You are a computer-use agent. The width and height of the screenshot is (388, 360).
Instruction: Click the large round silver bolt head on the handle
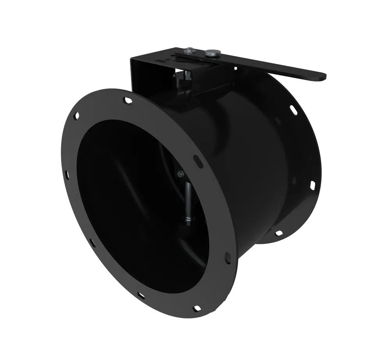click(212, 52)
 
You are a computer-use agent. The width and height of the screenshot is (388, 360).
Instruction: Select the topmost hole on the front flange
click(127, 100)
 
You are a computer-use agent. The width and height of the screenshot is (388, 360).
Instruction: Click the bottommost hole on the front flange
click(197, 308)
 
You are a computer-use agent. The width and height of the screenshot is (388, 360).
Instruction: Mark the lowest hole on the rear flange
click(278, 233)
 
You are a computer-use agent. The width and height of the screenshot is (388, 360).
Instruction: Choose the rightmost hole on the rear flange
click(312, 185)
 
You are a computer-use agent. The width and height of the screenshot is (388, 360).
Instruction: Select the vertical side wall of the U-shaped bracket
click(140, 78)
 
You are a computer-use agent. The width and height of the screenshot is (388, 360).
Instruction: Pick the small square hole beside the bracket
click(235, 68)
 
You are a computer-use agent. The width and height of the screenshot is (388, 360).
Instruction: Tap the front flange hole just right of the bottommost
click(228, 258)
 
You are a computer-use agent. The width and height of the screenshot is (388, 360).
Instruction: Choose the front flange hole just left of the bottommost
click(141, 296)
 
